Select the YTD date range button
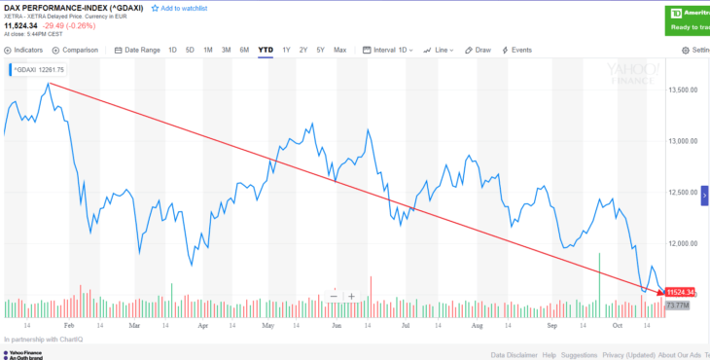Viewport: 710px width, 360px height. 265,50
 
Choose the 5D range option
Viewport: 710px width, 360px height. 190,50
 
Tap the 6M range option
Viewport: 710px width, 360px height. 244,50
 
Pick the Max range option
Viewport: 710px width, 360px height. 339,50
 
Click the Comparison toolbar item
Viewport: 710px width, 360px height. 77,50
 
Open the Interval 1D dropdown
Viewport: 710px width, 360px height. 388,50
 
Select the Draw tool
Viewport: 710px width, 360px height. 479,50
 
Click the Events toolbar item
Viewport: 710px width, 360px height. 517,50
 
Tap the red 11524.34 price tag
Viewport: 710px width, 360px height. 680,292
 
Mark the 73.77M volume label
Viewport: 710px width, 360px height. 677,306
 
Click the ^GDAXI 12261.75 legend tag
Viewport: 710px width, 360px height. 37,70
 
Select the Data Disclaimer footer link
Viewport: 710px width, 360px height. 515,355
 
